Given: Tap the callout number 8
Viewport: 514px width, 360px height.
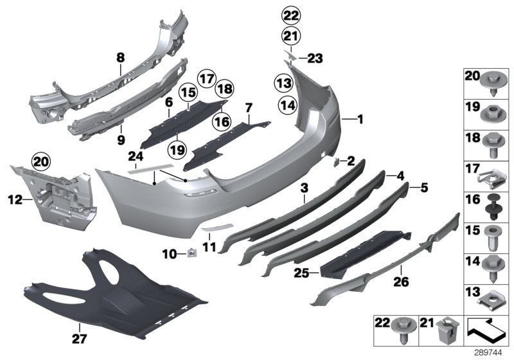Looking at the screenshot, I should (120, 59).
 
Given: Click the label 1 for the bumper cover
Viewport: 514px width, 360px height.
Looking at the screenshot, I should (360, 119).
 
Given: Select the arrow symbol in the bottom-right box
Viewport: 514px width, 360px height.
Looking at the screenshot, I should (485, 332).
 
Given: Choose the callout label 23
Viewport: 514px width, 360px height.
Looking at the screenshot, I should (315, 59).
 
